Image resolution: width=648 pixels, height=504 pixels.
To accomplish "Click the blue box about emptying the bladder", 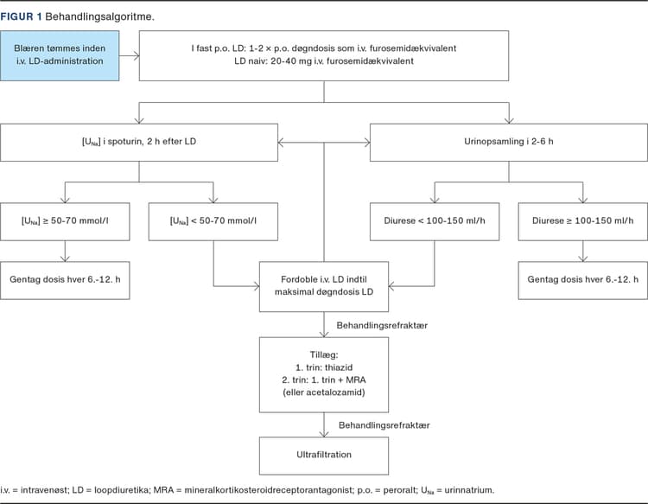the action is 60,55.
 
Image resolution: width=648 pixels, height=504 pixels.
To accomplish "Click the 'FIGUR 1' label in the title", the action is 21,16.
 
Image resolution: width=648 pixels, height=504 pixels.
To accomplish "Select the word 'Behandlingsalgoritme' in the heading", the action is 98,16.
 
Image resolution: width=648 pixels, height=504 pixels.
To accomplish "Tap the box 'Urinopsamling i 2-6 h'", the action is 508,143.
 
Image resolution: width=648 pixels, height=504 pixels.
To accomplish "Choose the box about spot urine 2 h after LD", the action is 139,143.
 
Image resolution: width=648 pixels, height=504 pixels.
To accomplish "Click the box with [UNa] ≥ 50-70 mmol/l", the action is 65,221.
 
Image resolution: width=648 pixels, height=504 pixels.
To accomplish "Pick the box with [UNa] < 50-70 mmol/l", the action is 213,221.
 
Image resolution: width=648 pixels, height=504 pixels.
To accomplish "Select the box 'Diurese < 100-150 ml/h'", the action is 435,221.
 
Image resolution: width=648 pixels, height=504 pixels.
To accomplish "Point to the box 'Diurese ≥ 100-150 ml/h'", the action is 582,221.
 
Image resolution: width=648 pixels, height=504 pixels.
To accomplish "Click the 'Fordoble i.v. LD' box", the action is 324,286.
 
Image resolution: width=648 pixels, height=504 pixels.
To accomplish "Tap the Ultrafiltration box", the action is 324,456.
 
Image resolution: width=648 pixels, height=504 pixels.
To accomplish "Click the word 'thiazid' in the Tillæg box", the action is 339,367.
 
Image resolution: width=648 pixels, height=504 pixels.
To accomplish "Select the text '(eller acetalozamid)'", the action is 324,392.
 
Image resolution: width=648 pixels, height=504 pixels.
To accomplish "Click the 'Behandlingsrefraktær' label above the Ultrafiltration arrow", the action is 384,425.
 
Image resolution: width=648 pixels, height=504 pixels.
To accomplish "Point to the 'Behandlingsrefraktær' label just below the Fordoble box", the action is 382,325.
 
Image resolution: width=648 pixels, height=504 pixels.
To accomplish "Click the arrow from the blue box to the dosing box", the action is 130,56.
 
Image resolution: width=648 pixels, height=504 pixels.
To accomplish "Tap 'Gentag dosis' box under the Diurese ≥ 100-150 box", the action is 582,280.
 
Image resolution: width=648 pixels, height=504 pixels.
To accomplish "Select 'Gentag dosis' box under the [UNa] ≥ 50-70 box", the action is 65,280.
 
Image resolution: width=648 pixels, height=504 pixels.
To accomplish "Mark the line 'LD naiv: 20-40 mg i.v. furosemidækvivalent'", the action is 324,61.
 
